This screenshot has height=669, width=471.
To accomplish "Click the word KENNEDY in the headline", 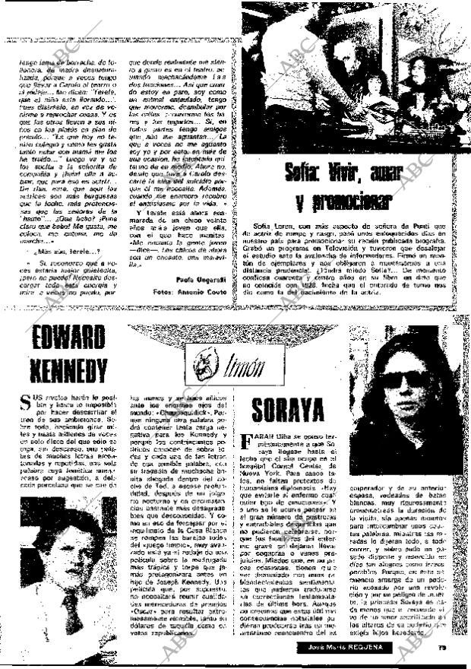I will tap(68, 371).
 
